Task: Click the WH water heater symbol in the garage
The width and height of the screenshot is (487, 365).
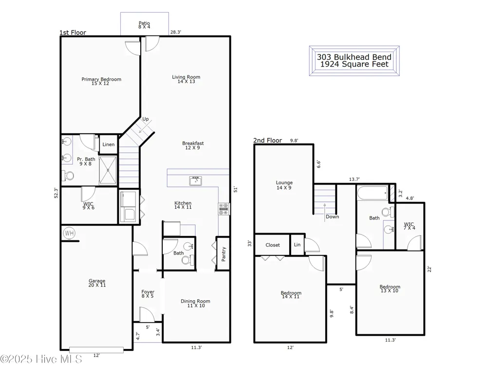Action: (x=69, y=233)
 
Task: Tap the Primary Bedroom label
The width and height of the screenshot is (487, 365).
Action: (x=101, y=79)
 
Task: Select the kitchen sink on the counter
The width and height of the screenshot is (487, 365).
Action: (x=196, y=181)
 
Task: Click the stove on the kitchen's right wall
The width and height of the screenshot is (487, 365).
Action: (x=224, y=209)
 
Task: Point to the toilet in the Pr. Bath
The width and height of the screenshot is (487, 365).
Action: (x=68, y=176)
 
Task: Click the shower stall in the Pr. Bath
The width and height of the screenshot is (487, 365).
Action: (x=108, y=170)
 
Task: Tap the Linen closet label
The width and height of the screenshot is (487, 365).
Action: (x=109, y=145)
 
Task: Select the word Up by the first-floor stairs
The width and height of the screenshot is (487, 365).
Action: (x=145, y=119)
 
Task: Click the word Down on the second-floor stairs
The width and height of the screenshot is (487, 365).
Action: (x=332, y=217)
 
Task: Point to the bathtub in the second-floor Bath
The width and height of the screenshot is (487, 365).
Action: (x=373, y=193)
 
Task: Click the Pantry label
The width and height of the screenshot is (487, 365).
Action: (x=224, y=254)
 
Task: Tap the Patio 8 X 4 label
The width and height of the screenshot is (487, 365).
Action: (x=144, y=25)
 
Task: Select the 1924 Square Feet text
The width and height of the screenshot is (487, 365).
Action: (x=355, y=64)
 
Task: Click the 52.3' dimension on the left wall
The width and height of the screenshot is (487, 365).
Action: (x=56, y=193)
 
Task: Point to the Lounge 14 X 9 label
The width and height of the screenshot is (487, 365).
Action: (x=284, y=185)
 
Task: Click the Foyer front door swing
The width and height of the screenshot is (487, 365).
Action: (x=147, y=314)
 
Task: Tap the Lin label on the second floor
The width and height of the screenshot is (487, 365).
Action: (x=297, y=245)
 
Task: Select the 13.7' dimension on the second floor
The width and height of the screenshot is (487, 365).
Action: (x=354, y=179)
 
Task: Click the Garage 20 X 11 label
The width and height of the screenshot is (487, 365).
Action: (x=97, y=283)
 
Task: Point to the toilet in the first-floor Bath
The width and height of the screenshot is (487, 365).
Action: (x=188, y=260)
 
